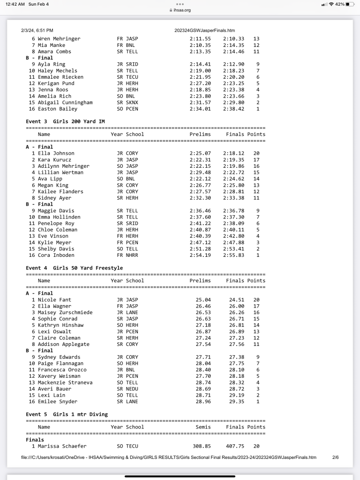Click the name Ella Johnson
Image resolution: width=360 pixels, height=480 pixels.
point(56,153)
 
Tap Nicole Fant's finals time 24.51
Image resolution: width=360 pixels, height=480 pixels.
point(236,300)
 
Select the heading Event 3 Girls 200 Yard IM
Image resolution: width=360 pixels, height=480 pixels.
point(65,121)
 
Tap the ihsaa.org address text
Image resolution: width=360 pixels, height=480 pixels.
point(182,10)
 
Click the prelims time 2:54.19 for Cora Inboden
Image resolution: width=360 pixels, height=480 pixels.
point(200,255)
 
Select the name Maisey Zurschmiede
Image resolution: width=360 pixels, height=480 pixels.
point(65,312)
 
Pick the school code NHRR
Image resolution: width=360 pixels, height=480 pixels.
point(132,255)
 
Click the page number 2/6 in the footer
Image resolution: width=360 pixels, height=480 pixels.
point(335,457)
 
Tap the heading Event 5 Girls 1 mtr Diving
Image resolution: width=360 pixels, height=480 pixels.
point(67,414)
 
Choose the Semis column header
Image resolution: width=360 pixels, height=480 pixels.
point(203,427)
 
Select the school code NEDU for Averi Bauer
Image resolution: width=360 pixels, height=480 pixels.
point(132,389)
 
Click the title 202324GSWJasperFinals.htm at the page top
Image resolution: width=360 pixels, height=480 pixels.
point(205,30)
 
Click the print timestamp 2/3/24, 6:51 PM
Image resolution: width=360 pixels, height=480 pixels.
point(37,30)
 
